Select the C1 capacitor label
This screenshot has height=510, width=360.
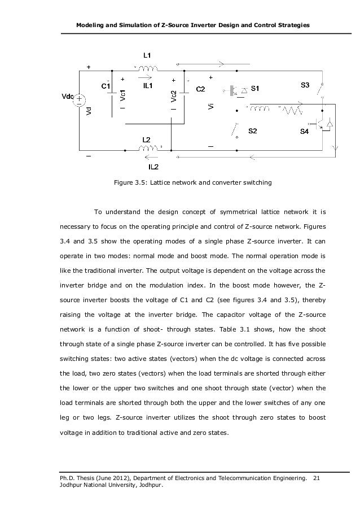click(x=106, y=87)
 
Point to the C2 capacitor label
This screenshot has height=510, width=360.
click(x=200, y=89)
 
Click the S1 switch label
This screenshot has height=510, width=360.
click(x=256, y=88)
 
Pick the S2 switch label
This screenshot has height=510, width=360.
click(x=252, y=130)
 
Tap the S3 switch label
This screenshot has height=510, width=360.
click(x=304, y=85)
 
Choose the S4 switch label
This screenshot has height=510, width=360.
click(x=304, y=131)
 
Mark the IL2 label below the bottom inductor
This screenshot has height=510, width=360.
click(x=153, y=167)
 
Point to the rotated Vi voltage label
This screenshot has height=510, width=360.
click(x=210, y=106)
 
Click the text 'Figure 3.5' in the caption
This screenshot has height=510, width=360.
click(x=129, y=183)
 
